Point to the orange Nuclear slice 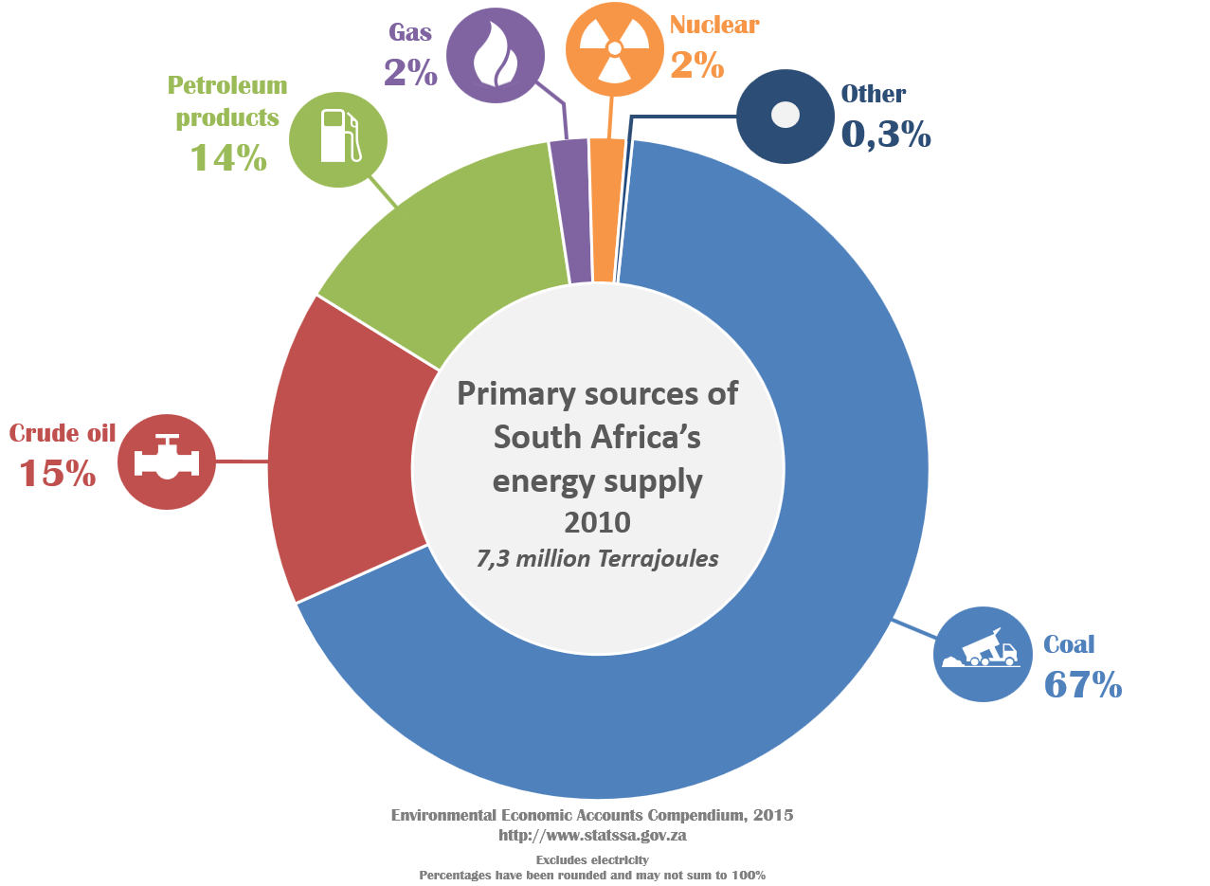click(x=605, y=209)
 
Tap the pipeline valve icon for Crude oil click(x=167, y=461)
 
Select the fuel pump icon click(x=338, y=139)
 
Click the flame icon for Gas click(x=495, y=54)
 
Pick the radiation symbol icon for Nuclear click(x=614, y=48)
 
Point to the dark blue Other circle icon click(x=784, y=116)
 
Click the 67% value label click(x=1082, y=684)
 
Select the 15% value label click(x=58, y=473)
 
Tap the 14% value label click(x=228, y=157)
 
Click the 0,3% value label click(x=886, y=136)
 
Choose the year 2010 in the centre click(x=597, y=522)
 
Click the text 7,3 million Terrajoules click(x=597, y=558)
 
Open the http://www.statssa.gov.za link click(x=592, y=835)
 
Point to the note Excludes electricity click(x=592, y=859)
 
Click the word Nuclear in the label click(x=714, y=25)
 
